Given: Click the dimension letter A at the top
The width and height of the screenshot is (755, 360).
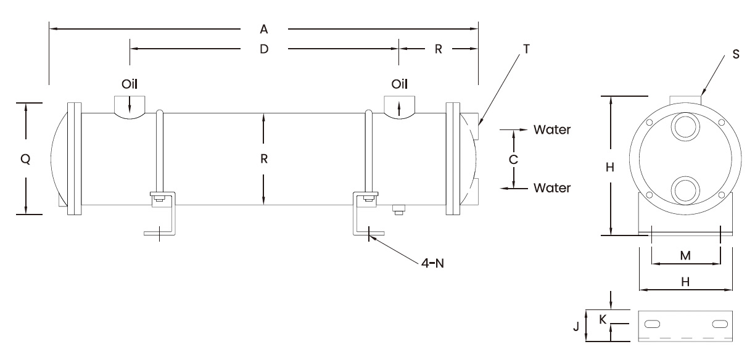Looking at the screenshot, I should tap(263, 29).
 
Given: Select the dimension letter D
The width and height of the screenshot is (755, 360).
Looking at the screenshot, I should tap(263, 49).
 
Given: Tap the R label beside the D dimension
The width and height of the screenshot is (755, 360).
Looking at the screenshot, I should tap(438, 49).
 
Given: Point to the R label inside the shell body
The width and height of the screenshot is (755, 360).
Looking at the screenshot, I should tap(263, 158).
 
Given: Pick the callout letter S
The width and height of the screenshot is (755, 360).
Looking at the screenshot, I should tap(735, 54).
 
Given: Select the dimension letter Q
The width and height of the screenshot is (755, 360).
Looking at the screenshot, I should tap(25, 158).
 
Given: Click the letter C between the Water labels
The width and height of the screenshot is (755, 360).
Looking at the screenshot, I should tap(513, 158).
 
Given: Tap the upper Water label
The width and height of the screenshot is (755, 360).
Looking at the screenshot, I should tap(552, 130).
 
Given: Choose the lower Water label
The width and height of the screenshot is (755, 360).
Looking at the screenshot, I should tap(552, 187).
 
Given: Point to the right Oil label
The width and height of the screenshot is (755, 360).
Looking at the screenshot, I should tap(399, 83).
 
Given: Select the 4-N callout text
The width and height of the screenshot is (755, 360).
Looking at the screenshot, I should tap(432, 263).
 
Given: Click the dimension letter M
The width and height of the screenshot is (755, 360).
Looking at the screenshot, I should tap(685, 255).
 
